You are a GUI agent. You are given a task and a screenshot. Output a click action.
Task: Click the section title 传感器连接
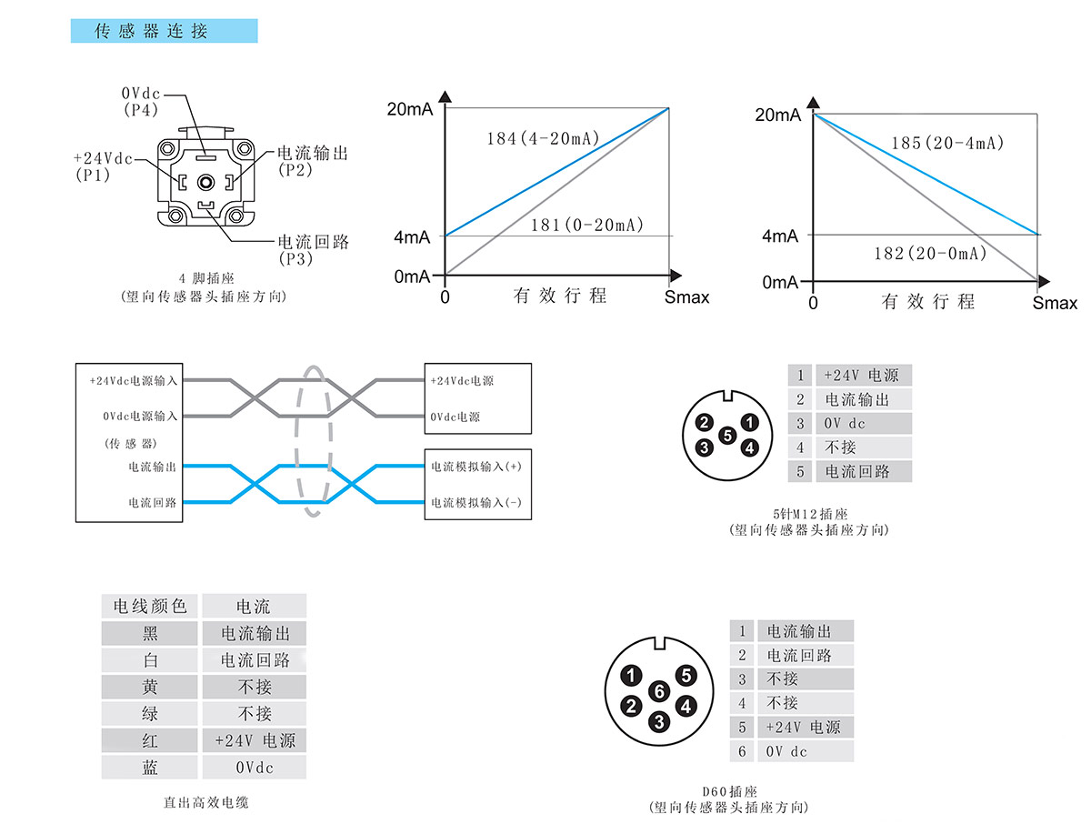(x=152, y=32)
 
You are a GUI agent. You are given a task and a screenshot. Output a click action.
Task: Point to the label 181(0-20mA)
(x=586, y=225)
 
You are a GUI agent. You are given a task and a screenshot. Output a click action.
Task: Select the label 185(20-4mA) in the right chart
(x=946, y=144)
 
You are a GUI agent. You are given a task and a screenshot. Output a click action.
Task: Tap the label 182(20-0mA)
(x=929, y=254)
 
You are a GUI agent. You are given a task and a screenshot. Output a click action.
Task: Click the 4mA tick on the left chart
(x=413, y=236)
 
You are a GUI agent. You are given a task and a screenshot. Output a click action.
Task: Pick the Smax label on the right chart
(x=1055, y=303)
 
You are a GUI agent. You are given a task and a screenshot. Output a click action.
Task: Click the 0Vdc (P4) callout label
(x=141, y=101)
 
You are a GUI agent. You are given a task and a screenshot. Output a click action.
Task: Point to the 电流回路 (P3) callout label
(x=313, y=250)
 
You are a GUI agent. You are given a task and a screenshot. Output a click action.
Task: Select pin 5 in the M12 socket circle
(x=726, y=435)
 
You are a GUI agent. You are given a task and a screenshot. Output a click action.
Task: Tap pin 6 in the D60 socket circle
(x=659, y=691)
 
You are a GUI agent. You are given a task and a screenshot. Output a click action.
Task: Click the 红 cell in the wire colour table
(x=150, y=740)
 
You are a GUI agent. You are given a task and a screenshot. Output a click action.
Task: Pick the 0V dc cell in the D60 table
(x=786, y=751)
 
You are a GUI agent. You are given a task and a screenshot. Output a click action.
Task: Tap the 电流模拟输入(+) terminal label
(x=475, y=467)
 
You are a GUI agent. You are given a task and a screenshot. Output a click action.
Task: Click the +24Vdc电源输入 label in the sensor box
(x=134, y=380)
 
